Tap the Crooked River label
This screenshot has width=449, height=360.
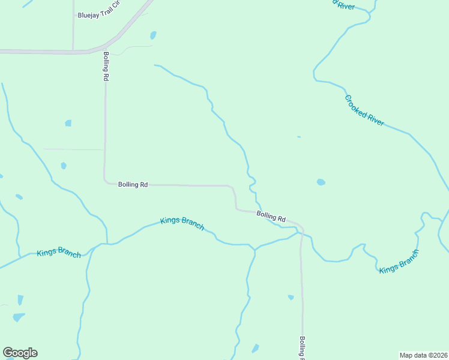tap(364, 110)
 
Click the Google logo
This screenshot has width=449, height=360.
tap(20, 353)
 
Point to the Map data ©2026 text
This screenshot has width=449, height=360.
tap(423, 355)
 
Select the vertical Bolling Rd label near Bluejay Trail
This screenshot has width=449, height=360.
tap(106, 66)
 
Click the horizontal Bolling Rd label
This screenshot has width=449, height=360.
tap(133, 185)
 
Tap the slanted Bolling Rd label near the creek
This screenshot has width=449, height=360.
tap(271, 216)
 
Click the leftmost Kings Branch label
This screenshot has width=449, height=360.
tap(59, 253)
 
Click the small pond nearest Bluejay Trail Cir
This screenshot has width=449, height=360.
tap(153, 35)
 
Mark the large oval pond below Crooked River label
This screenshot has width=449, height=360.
tap(321, 182)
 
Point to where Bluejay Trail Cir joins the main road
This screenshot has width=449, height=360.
tap(73, 52)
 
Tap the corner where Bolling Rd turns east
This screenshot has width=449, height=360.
tap(106, 181)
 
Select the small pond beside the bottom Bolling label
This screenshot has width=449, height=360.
tap(291, 297)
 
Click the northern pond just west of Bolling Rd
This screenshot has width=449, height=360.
tap(68, 123)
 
